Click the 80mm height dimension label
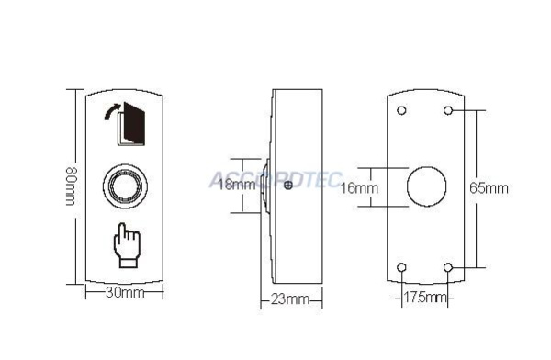(71, 186)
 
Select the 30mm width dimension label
(125, 292)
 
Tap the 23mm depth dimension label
(290, 299)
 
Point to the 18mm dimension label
(237, 184)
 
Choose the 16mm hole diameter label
(359, 188)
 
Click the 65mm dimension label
(489, 188)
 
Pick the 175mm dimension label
(424, 298)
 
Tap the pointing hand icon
(127, 245)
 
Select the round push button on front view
(125, 186)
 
